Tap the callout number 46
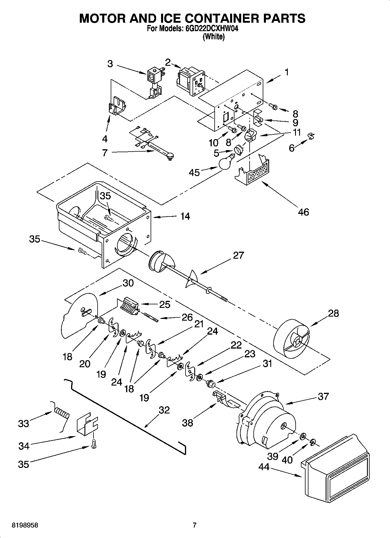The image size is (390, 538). point(303,212)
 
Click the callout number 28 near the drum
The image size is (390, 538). point(333,313)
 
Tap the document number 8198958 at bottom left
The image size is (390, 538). point(25,525)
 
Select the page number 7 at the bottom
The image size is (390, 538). point(194,525)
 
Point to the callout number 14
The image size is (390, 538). point(185,216)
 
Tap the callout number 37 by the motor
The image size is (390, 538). point(323,396)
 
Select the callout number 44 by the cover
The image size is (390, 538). point(264,467)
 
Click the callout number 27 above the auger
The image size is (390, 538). point(238,255)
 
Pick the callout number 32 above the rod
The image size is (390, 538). point(164,410)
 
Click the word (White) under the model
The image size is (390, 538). point(213,37)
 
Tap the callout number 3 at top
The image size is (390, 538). point(110,64)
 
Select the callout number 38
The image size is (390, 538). point(187,423)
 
